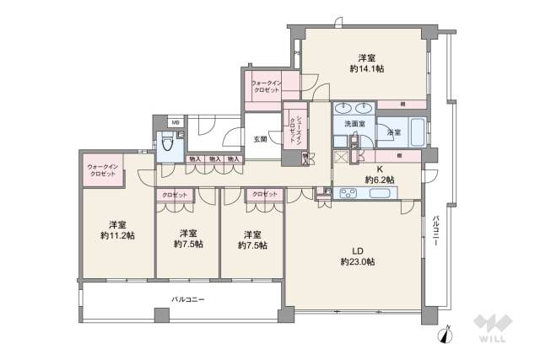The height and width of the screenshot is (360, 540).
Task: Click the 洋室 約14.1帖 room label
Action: point(366,63)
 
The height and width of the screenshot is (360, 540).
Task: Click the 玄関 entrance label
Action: point(261,139)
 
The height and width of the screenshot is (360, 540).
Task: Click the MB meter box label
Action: point(175,123)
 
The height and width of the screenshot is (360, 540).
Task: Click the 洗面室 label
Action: point(354,124)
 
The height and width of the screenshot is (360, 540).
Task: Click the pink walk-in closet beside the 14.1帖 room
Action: point(272,86)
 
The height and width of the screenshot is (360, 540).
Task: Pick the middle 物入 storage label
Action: point(214,159)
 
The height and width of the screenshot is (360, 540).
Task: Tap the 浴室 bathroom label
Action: point(393,132)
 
